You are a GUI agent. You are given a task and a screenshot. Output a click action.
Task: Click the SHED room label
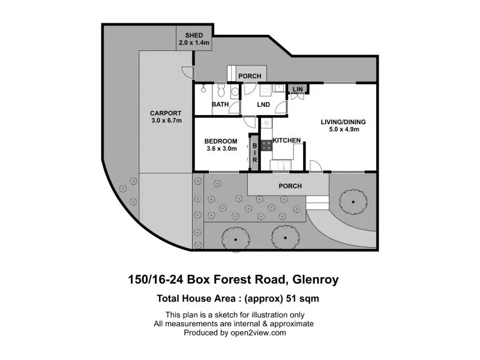(x=194, y=35)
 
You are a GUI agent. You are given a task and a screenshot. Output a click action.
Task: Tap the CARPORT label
(x=166, y=113)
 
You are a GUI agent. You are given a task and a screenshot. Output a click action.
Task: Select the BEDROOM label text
(x=221, y=142)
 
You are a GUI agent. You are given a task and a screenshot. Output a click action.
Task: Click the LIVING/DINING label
(x=343, y=122)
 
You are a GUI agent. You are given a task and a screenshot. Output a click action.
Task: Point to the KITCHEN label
(x=287, y=140)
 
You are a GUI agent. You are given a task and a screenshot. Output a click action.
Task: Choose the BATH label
(x=220, y=104)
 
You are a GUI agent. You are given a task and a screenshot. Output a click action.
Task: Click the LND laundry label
(x=263, y=104)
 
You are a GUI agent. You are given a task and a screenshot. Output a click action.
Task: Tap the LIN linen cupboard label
(x=298, y=89)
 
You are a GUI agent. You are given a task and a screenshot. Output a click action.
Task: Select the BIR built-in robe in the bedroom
(x=254, y=153)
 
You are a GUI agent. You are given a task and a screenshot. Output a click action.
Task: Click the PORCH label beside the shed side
(x=250, y=76)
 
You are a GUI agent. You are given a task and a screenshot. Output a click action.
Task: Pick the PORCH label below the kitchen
(x=290, y=186)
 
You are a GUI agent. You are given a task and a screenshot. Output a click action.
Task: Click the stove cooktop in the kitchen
(x=266, y=145)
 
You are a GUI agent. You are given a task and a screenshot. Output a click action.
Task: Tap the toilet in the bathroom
(x=221, y=89)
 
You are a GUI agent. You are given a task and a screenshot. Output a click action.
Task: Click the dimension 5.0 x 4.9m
(x=344, y=130)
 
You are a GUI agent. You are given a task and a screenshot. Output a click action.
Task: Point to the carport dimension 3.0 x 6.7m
(x=166, y=121)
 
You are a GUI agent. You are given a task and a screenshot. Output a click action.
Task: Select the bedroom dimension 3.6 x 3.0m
(x=221, y=149)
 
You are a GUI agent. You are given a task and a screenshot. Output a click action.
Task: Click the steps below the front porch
(x=317, y=203)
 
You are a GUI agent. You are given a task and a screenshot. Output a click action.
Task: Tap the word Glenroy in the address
(x=316, y=280)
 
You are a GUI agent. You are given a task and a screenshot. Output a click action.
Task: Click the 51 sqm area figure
(x=302, y=298)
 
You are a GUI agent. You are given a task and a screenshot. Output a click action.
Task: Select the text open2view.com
(x=258, y=333)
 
